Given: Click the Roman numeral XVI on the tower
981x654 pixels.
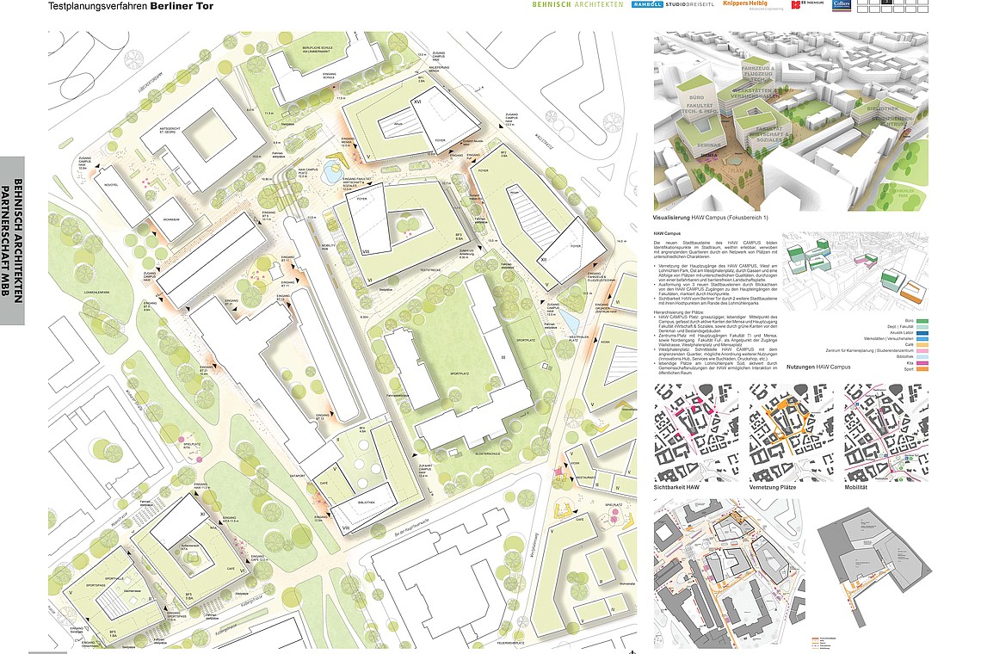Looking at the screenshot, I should pos(416,101).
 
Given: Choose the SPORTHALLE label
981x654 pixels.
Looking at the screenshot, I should pos(114,579).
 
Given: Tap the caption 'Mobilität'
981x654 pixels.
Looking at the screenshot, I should pos(861,488).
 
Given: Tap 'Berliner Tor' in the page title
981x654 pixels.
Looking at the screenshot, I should pos(182,6).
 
